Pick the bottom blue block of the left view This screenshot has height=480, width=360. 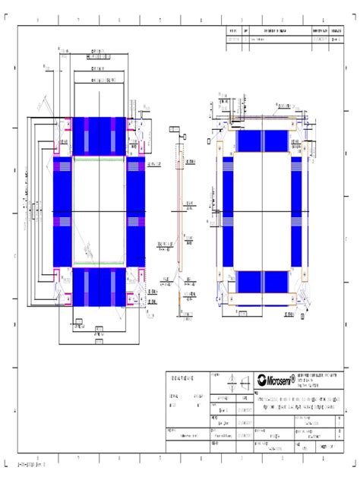tap(99, 287)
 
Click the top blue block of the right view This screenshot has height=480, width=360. tap(260, 141)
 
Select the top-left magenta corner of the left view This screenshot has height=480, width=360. tap(59, 125)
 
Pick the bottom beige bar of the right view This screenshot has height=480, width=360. tap(260, 298)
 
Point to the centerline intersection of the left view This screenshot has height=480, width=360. tap(99, 211)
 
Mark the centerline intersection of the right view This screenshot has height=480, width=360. tap(260, 211)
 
